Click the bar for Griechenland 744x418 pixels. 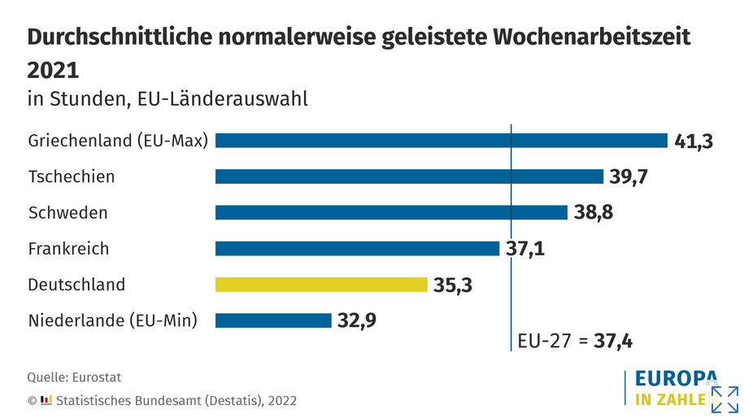tap(442, 141)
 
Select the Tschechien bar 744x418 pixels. tap(409, 176)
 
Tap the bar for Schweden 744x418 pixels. tap(391, 212)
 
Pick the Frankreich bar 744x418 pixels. tap(357, 248)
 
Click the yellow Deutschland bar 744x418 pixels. tap(321, 284)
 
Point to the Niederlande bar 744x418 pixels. tap(273, 320)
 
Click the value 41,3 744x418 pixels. tap(694, 141)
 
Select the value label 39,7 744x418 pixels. tap(629, 176)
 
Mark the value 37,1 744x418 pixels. tap(525, 248)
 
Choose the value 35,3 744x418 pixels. tap(453, 285)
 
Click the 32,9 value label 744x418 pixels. tap(357, 320)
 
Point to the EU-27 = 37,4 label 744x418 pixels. tap(575, 342)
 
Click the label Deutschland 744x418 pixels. tap(76, 285)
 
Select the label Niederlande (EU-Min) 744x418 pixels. tap(113, 320)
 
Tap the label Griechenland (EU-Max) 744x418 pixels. tap(118, 141)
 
